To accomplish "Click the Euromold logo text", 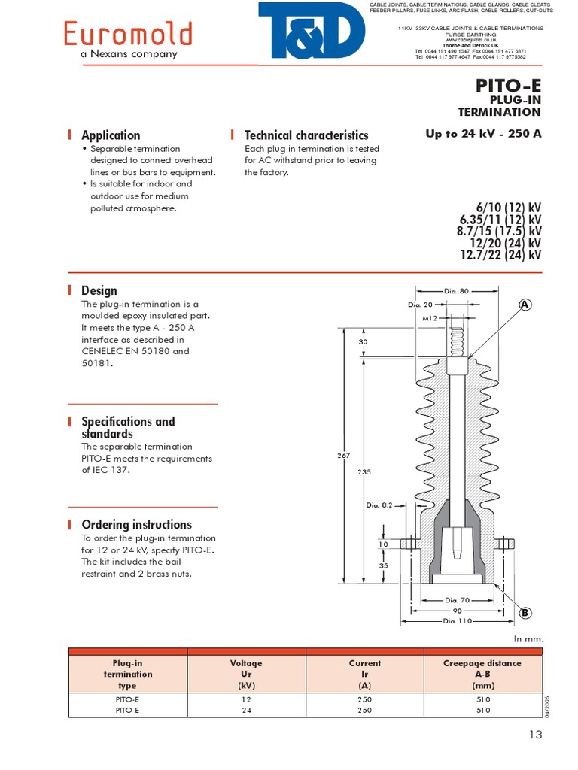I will tap(127, 34).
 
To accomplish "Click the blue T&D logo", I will tap(311, 30).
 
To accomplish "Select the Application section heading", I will tap(111, 135).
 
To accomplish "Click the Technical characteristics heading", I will tap(306, 135).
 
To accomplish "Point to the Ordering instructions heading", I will tap(136, 525).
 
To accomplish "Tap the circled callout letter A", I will tap(525, 305).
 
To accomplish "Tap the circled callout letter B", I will tap(525, 613).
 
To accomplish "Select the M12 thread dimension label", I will tap(430, 317).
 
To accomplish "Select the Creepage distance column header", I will tap(482, 674).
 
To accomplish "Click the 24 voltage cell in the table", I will tap(246, 709).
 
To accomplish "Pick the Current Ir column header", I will tap(365, 674).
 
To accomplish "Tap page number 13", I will tap(535, 736).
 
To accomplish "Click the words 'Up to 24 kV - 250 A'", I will tap(483, 135).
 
